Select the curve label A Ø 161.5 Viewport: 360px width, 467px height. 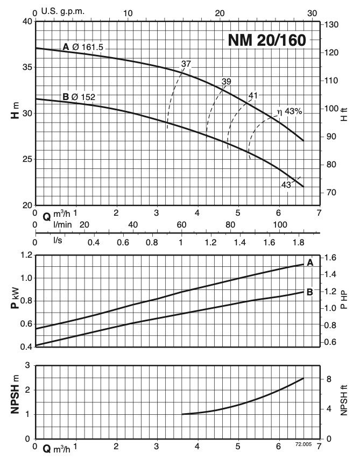[83, 47]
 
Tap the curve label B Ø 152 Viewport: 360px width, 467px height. [79, 97]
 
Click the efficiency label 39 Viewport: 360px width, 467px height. [227, 82]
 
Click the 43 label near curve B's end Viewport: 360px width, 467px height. [286, 185]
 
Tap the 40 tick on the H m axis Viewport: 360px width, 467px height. [26, 22]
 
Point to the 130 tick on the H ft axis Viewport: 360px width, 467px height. [332, 25]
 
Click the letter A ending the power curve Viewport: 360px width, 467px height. [310, 263]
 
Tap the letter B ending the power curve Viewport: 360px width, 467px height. [310, 292]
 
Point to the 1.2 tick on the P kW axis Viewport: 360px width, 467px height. [25, 255]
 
